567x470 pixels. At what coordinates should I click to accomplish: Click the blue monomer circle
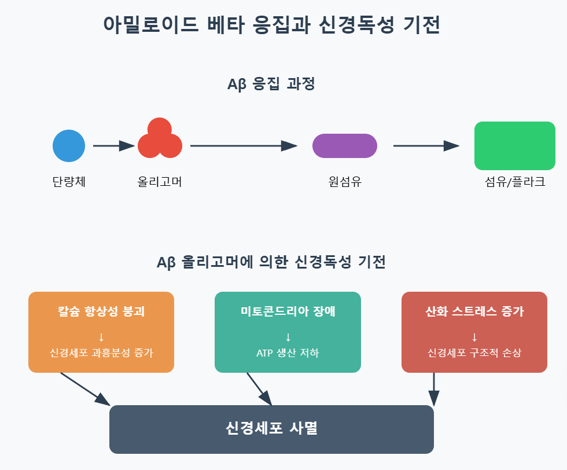(69, 146)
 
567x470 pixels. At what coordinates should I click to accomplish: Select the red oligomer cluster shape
(160, 139)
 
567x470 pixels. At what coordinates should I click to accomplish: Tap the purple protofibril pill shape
(344, 146)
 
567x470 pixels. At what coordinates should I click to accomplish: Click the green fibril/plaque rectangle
(514, 146)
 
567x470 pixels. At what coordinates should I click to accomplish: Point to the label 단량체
(69, 182)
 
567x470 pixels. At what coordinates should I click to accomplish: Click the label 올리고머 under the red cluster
(160, 182)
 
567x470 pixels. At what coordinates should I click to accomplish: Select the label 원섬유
(344, 182)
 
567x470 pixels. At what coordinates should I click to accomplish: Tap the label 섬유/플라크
(514, 182)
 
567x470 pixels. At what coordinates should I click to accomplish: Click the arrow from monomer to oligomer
(113, 146)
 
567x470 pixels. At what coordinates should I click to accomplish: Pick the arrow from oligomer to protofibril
(243, 146)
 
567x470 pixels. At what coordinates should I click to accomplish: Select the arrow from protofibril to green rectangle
(426, 146)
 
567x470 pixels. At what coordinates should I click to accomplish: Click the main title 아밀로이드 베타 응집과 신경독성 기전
(271, 25)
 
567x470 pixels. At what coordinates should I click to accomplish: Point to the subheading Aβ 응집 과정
(271, 85)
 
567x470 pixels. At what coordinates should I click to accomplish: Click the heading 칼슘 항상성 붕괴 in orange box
(101, 311)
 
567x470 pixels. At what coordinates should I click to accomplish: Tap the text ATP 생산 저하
(288, 352)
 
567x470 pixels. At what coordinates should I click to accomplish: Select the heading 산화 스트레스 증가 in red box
(474, 311)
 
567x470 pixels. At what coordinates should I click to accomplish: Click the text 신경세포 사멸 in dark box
(271, 429)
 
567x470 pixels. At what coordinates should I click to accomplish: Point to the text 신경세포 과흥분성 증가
(101, 352)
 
